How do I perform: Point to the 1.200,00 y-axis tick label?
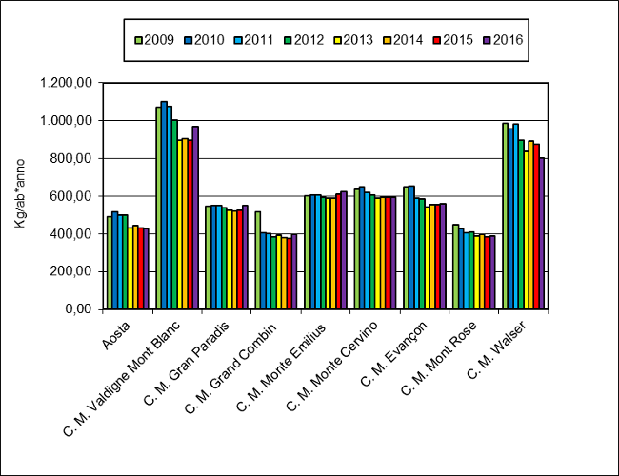67,83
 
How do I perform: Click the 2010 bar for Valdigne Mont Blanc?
164,205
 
